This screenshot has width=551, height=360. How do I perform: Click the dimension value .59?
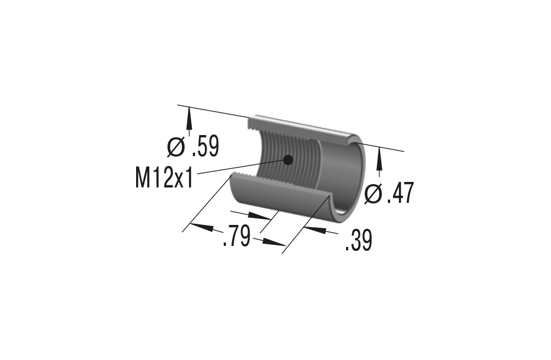pos(205,147)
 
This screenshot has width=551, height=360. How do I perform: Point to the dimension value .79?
pos(237,237)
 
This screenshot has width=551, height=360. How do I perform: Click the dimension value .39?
pos(358,241)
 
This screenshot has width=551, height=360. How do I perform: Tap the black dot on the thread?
pos(287,160)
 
